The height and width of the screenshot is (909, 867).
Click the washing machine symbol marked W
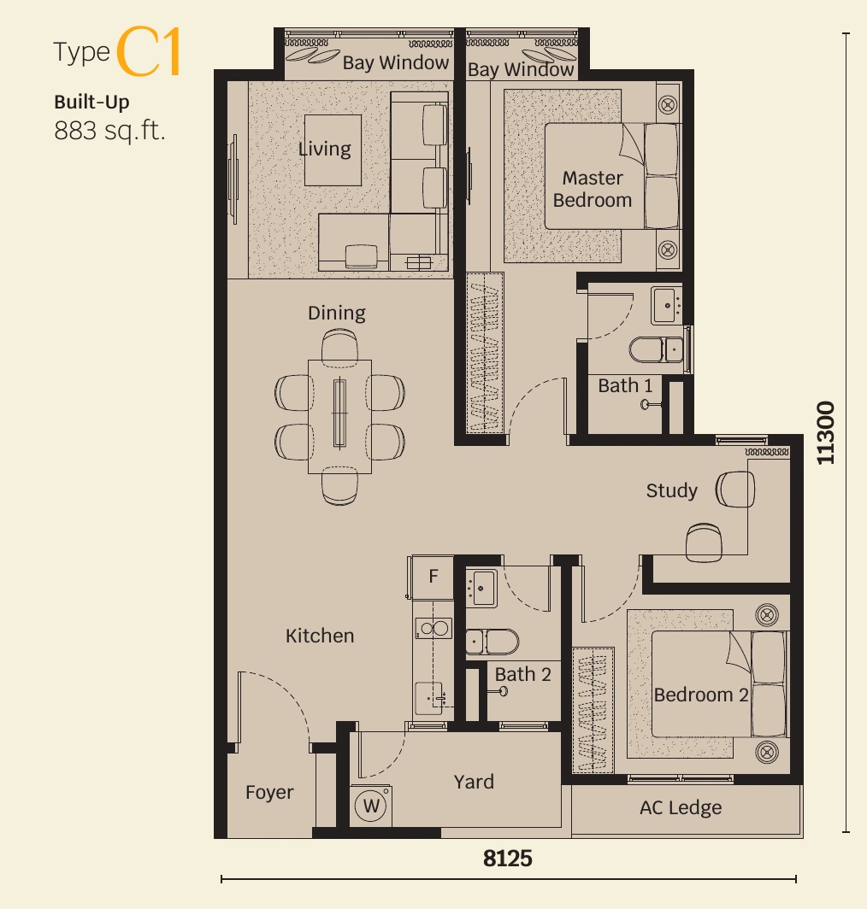[371, 806]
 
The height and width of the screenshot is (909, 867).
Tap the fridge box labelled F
[432, 577]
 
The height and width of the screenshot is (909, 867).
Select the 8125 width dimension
[507, 859]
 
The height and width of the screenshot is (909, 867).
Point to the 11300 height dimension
[825, 432]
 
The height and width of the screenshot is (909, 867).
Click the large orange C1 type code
[150, 51]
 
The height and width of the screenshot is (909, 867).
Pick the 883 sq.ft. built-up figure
[109, 131]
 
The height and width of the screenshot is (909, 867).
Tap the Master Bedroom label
[592, 189]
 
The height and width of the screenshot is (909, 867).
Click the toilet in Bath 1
[657, 349]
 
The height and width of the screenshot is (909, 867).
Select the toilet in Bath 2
[492, 642]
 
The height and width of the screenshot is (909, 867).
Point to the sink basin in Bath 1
[665, 305]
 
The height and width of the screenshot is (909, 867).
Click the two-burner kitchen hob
[433, 629]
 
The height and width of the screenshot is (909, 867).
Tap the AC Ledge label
[680, 807]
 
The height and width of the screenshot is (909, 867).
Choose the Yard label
[474, 782]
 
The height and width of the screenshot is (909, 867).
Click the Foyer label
[269, 793]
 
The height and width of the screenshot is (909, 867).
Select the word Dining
[337, 313]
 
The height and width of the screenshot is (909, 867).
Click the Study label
[671, 491]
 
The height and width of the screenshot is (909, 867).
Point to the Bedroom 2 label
[700, 695]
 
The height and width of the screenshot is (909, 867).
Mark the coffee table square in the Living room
[333, 150]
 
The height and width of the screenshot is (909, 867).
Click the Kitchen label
[320, 636]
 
